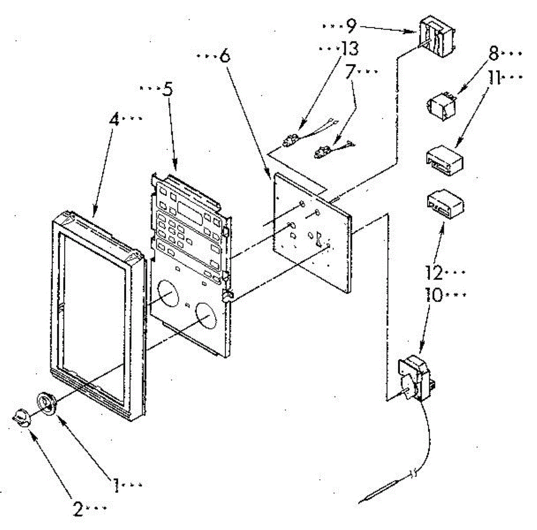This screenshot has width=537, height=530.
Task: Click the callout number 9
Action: [x=351, y=27]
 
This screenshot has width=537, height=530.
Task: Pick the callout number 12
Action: [x=434, y=272]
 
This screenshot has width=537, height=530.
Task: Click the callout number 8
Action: [x=493, y=54]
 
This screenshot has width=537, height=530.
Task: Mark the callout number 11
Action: [x=494, y=78]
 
